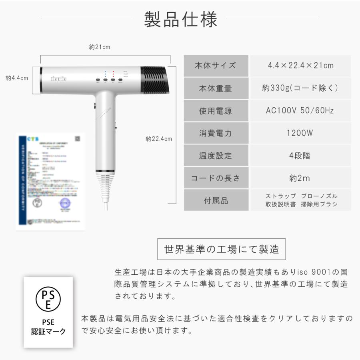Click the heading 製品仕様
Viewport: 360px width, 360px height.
click(x=180, y=19)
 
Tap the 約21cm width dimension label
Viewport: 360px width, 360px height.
click(x=99, y=47)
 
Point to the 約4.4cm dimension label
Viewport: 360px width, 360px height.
click(x=17, y=78)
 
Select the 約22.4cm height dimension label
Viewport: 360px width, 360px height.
click(x=158, y=139)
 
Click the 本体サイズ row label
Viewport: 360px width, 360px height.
click(x=215, y=66)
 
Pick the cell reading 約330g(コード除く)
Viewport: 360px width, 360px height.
click(x=300, y=88)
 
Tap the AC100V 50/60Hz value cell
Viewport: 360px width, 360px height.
click(x=300, y=111)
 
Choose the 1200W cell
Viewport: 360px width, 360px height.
click(x=300, y=133)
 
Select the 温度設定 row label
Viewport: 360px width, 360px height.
click(x=215, y=156)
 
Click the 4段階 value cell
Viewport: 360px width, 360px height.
click(x=300, y=156)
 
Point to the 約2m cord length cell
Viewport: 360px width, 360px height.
click(x=300, y=178)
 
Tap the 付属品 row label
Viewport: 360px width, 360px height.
click(x=215, y=200)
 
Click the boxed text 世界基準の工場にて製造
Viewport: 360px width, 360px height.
click(x=222, y=249)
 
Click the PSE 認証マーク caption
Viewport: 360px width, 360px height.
click(x=48, y=327)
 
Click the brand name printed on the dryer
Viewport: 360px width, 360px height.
click(x=58, y=79)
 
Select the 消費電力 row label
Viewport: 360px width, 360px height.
click(x=215, y=133)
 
